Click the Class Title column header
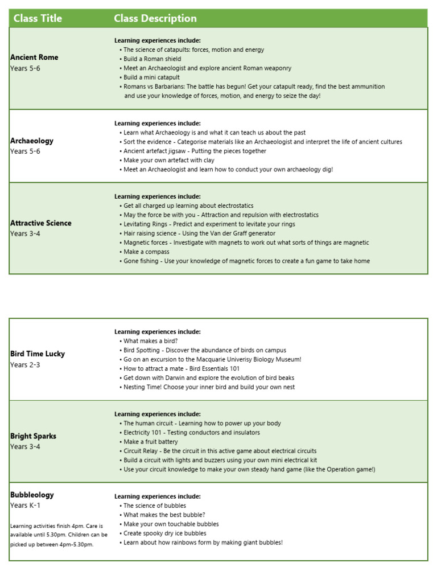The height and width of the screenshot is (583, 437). [x=38, y=18]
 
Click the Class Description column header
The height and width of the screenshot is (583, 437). [x=155, y=18]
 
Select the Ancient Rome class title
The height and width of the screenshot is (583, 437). [x=34, y=57]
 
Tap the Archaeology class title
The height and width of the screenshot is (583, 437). [x=32, y=141]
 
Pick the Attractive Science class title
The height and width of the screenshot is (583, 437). [x=41, y=223]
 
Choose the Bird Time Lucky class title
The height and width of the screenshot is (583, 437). [x=38, y=354]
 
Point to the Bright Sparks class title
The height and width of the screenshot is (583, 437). [x=33, y=436]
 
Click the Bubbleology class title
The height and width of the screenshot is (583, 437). [x=32, y=495]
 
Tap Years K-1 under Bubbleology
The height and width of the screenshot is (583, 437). [x=26, y=506]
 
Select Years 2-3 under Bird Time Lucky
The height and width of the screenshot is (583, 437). [x=26, y=365]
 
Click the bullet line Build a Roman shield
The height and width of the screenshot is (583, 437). [x=152, y=59]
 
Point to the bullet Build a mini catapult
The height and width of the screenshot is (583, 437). [x=151, y=77]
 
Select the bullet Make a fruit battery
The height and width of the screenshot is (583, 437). [x=150, y=442]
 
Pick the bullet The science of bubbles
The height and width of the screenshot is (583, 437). [x=154, y=506]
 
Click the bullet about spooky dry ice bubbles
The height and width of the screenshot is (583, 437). [x=164, y=533]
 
